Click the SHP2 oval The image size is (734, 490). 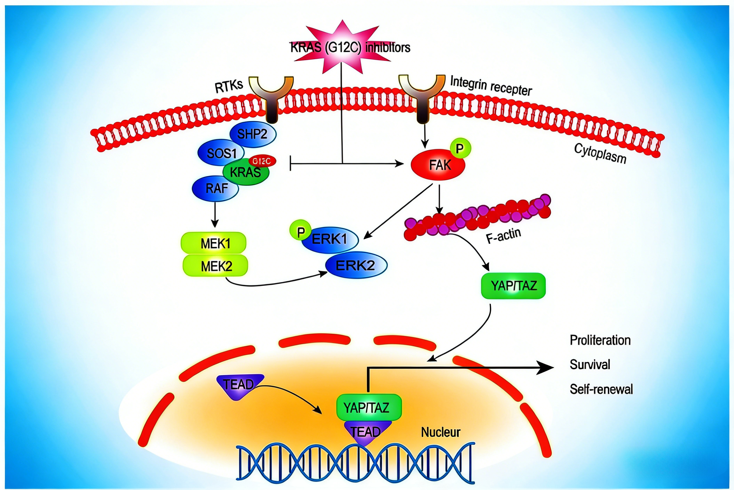(253, 135)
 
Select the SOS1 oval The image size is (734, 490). (221, 153)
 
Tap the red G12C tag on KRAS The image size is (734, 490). (262, 161)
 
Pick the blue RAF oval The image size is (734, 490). (216, 188)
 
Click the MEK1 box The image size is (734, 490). (214, 243)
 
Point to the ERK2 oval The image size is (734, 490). (356, 265)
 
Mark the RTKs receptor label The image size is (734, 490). (229, 86)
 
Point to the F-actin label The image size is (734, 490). (503, 236)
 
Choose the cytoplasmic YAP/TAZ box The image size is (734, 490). (513, 286)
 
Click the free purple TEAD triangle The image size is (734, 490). (239, 386)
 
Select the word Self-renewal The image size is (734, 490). (601, 389)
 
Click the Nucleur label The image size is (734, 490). (441, 433)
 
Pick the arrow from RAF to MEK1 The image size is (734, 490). (215, 215)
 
